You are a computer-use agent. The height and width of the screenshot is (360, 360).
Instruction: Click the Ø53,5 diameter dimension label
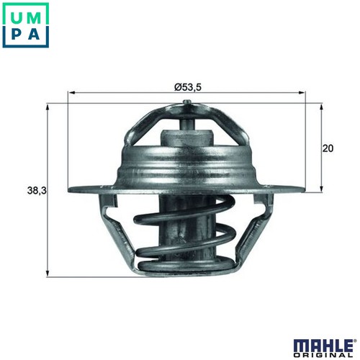pos(188,87)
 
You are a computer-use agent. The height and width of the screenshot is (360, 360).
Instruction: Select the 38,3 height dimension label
pos(37,191)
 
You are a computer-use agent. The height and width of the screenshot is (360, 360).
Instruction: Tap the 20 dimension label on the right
pos(328,148)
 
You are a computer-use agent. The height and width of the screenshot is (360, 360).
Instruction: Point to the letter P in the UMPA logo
pos(17,35)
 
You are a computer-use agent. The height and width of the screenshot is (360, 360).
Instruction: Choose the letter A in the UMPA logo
pos(34,35)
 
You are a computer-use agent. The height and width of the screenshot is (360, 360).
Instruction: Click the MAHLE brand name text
pos(322,345)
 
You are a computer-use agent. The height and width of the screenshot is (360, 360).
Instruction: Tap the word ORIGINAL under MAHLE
pos(323,355)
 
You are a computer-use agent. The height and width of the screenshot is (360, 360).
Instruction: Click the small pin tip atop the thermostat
pos(187,102)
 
